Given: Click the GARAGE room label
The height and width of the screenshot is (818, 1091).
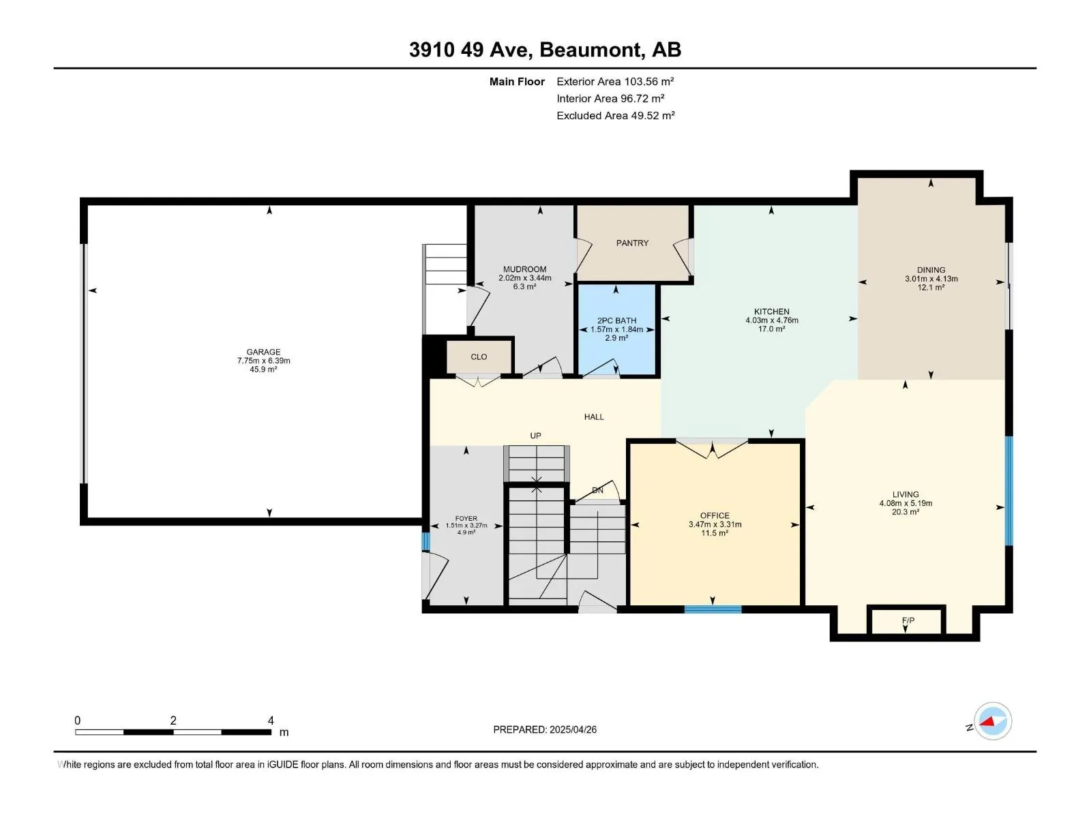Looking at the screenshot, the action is click(x=263, y=352).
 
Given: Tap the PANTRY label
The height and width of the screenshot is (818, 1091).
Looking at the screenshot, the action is click(x=632, y=243).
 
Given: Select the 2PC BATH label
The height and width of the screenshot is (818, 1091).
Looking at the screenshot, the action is click(x=616, y=321).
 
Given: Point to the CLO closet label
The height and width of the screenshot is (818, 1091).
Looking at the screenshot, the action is click(x=479, y=357).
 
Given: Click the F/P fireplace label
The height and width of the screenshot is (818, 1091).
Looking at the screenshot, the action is click(x=908, y=620).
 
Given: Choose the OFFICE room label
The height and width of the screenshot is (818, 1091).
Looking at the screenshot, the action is click(x=715, y=515).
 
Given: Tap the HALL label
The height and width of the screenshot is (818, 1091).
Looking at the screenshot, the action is click(x=594, y=416).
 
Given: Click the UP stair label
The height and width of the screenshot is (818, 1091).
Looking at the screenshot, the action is click(x=535, y=436).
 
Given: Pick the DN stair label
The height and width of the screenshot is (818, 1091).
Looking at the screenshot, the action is click(x=597, y=490).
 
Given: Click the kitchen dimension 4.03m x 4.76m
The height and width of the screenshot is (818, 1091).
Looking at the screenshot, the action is click(x=772, y=320).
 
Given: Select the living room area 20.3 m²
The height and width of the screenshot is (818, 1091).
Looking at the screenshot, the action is click(x=905, y=512).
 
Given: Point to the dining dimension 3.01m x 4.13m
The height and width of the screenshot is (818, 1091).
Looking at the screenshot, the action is click(x=931, y=279).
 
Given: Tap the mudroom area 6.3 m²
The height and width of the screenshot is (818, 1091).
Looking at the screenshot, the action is click(x=524, y=286).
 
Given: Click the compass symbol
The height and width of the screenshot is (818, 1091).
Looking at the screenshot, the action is click(x=993, y=721).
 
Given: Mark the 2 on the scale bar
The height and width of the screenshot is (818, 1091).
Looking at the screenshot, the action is click(x=173, y=720).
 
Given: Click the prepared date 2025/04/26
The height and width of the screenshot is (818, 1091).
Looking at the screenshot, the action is click(x=573, y=729).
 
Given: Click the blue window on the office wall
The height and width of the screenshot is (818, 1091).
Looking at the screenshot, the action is click(x=713, y=609).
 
